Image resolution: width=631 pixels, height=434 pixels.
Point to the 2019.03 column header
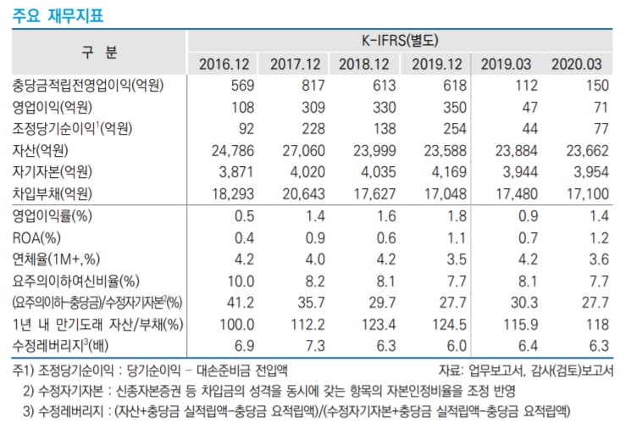coord(506,64)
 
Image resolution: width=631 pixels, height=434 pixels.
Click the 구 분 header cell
coord(100,52)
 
